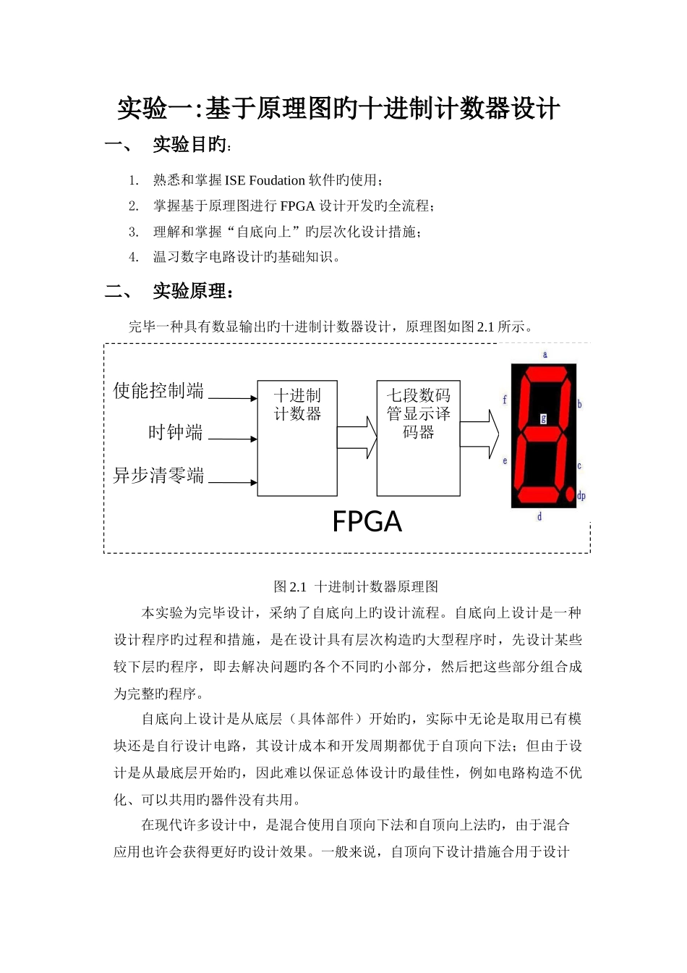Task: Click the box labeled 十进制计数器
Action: pyautogui.click(x=297, y=437)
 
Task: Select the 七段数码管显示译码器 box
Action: pyautogui.click(x=418, y=437)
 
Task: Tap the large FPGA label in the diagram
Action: pyautogui.click(x=367, y=522)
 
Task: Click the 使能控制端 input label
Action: pyautogui.click(x=158, y=391)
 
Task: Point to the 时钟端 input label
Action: pyautogui.click(x=175, y=432)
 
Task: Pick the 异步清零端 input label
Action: pyautogui.click(x=158, y=476)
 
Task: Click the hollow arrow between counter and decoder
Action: pyautogui.click(x=357, y=437)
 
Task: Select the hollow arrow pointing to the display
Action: pyautogui.click(x=479, y=434)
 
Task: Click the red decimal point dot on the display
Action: pyautogui.click(x=570, y=495)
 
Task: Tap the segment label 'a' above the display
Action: pyautogui.click(x=545, y=354)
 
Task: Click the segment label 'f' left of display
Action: pyautogui.click(x=505, y=400)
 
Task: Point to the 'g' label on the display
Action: pyautogui.click(x=544, y=418)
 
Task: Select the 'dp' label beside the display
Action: pyautogui.click(x=581, y=496)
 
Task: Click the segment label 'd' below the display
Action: pyautogui.click(x=539, y=516)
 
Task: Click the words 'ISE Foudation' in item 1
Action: pyautogui.click(x=265, y=180)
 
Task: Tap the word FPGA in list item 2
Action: pyautogui.click(x=297, y=206)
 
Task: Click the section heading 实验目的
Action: pyautogui.click(x=190, y=145)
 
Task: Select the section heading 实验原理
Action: pyautogui.click(x=192, y=291)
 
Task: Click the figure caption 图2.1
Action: pyautogui.click(x=291, y=586)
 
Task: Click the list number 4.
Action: pyautogui.click(x=133, y=257)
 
